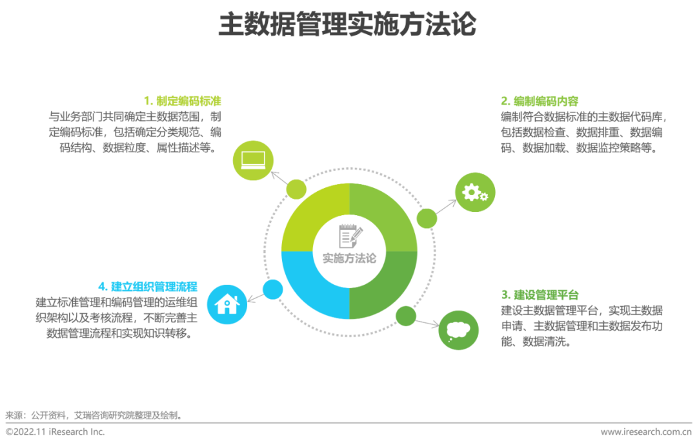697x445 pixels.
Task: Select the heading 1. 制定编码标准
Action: [182, 101]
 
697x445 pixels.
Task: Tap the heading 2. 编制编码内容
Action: [540, 101]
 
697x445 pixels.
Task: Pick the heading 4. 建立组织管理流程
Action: [148, 287]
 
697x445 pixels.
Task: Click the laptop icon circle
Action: [253, 158]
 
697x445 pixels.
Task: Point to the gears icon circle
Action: [476, 192]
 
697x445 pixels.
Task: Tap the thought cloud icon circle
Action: [459, 330]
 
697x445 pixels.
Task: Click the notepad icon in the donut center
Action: [349, 236]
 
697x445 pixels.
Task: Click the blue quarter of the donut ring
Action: [307, 291]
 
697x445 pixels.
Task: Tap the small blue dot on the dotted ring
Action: [273, 289]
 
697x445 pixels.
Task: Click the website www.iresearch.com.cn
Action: [646, 432]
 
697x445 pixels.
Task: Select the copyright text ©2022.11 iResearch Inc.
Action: [55, 432]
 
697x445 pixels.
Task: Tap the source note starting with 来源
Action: [94, 415]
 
